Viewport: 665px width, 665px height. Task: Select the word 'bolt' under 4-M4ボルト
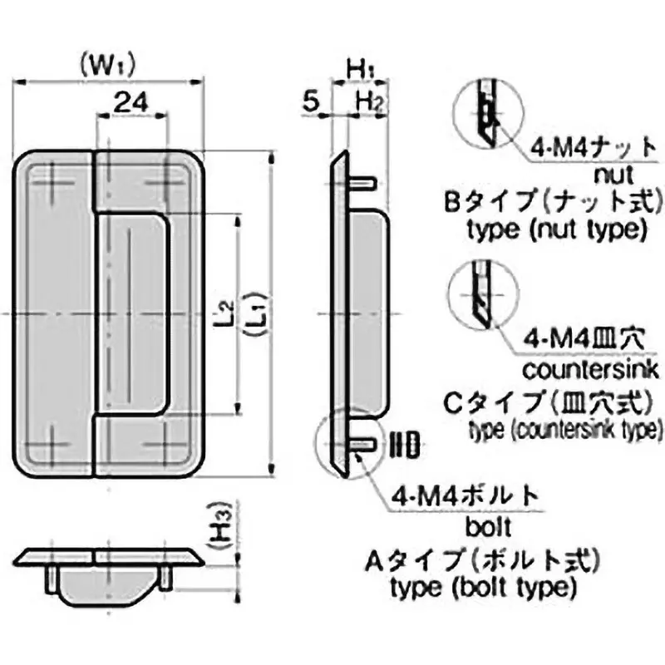tap(483, 527)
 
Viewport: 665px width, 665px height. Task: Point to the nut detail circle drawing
tap(487, 115)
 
